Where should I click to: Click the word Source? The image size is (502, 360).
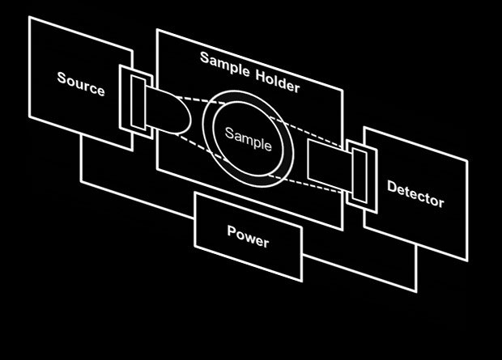(x=81, y=83)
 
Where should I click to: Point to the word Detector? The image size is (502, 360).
(x=415, y=194)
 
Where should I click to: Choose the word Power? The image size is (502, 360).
(x=248, y=235)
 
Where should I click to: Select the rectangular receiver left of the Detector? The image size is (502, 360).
(x=328, y=162)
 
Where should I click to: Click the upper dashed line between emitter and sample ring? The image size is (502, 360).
(x=197, y=101)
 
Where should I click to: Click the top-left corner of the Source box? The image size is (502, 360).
(x=29, y=18)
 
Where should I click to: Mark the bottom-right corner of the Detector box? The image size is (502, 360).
(x=468, y=260)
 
